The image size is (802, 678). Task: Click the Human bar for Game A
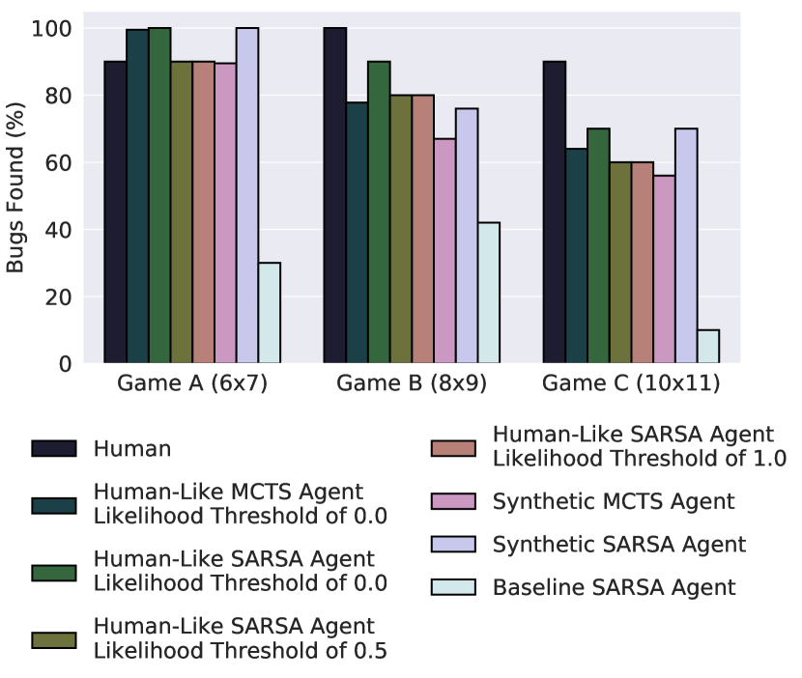pyautogui.click(x=115, y=212)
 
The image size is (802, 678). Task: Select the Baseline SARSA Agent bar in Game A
pyautogui.click(x=270, y=313)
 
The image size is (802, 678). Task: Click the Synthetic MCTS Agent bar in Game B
pyautogui.click(x=444, y=251)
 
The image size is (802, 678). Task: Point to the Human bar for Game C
pyautogui.click(x=555, y=212)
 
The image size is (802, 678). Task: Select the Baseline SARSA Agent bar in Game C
pyautogui.click(x=708, y=347)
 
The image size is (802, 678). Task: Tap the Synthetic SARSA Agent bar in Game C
pyautogui.click(x=686, y=246)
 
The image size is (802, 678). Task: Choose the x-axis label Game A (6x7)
pyautogui.click(x=192, y=383)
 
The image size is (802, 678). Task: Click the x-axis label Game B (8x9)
pyautogui.click(x=412, y=383)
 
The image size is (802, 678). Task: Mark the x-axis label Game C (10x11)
pyautogui.click(x=631, y=383)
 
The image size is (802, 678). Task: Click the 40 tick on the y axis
pyautogui.click(x=61, y=230)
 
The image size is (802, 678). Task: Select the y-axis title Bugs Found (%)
pyautogui.click(x=16, y=196)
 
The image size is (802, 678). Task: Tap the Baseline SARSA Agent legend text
pyautogui.click(x=615, y=587)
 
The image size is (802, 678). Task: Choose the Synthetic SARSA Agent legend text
pyautogui.click(x=619, y=545)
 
